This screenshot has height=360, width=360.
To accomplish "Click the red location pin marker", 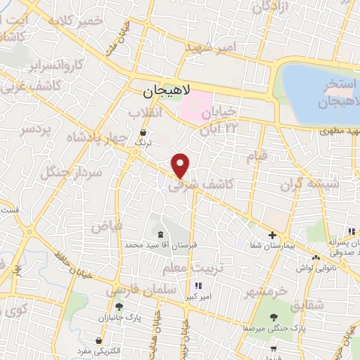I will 181,165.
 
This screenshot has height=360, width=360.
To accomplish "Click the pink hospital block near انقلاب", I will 197,105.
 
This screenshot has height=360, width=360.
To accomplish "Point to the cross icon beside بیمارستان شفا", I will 272,235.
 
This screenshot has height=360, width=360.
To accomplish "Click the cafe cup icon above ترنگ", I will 143,131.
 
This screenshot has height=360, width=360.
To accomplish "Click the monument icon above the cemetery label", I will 160,234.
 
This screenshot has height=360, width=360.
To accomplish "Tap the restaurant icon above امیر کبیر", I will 198,285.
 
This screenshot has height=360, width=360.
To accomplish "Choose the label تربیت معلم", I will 187,268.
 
